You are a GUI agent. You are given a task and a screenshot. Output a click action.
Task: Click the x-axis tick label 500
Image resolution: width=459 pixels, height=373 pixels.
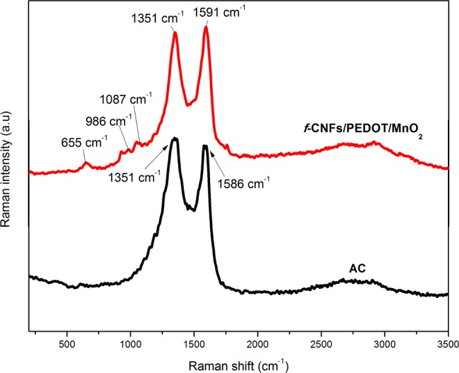point(66,342)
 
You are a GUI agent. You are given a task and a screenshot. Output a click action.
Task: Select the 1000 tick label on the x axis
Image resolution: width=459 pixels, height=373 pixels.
point(130,342)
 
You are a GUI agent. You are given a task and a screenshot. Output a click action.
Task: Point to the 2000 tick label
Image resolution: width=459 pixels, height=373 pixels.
point(257,342)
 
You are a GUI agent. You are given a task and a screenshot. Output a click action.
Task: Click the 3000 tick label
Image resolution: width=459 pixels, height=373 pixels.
point(385,342)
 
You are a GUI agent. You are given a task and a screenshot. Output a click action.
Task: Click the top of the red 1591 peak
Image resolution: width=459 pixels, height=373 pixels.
point(206,28)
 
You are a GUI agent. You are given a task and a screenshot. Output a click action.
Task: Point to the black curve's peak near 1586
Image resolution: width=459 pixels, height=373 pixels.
point(205,146)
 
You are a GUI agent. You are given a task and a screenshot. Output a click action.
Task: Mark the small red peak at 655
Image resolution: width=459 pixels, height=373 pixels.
point(86,164)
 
